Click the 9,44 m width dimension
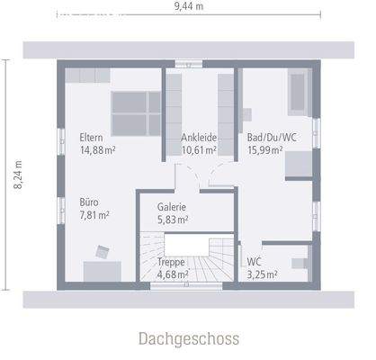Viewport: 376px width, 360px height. click(190, 6)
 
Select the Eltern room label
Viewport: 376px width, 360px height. click(91, 138)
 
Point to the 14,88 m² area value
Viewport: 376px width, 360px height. click(98, 150)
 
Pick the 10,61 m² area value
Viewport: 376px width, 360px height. click(199, 150)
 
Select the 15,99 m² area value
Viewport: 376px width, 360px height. click(265, 150)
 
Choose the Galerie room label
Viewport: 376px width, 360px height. click(171, 206)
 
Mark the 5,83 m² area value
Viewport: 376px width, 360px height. click(172, 219)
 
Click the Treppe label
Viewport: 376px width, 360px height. click(171, 262)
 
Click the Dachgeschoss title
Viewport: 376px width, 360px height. click(189, 339)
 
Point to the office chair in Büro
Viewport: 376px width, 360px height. click(101, 249)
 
